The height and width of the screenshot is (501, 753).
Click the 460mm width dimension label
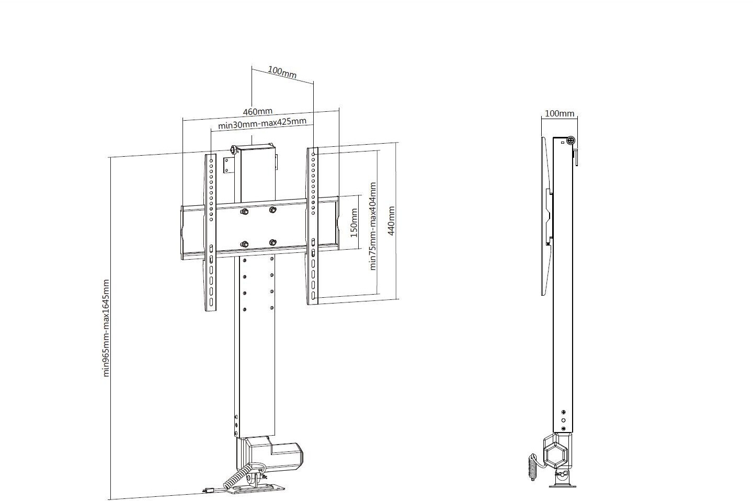[257, 111]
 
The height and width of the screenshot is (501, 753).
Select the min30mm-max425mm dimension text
[262, 123]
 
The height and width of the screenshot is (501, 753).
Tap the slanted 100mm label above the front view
[282, 72]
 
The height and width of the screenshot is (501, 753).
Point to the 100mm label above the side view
[560, 113]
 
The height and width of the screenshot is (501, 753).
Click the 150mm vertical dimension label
[354, 223]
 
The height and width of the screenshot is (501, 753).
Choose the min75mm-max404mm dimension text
[372, 226]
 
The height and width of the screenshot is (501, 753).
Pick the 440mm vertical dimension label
[391, 221]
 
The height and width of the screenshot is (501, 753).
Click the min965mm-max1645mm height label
[106, 328]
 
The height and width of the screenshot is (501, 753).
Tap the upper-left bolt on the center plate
[245, 212]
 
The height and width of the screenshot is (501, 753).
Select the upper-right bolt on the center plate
[272, 210]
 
